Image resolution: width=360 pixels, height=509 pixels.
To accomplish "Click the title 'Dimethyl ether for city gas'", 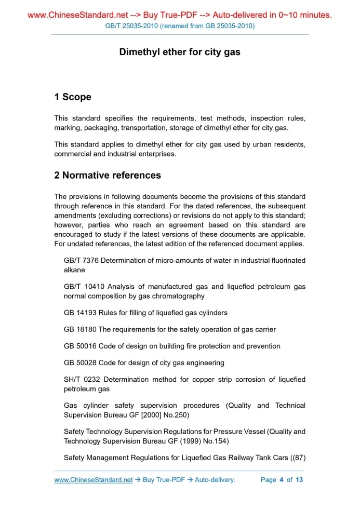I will [180, 52].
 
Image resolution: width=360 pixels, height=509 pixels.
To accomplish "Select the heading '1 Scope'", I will [73, 97].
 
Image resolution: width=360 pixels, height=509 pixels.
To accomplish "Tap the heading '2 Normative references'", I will [108, 176].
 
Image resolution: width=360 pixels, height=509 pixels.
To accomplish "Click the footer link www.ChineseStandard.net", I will [94, 480].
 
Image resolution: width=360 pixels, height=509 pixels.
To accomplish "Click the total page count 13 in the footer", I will [299, 480].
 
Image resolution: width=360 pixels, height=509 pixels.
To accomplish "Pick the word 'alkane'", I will [74, 270].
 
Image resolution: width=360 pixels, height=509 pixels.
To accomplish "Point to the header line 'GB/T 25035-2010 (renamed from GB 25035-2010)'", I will [180, 26].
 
